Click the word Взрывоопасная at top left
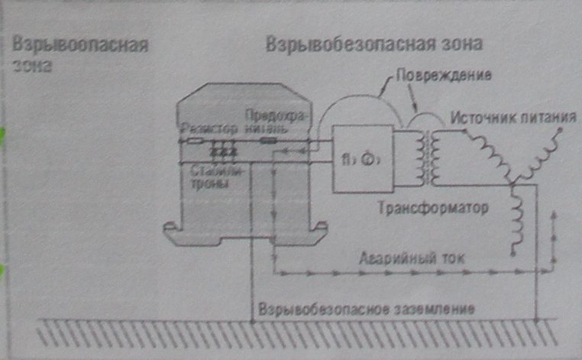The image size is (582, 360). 79,43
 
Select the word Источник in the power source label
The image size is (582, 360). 482,118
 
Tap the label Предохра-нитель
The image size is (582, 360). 266,123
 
